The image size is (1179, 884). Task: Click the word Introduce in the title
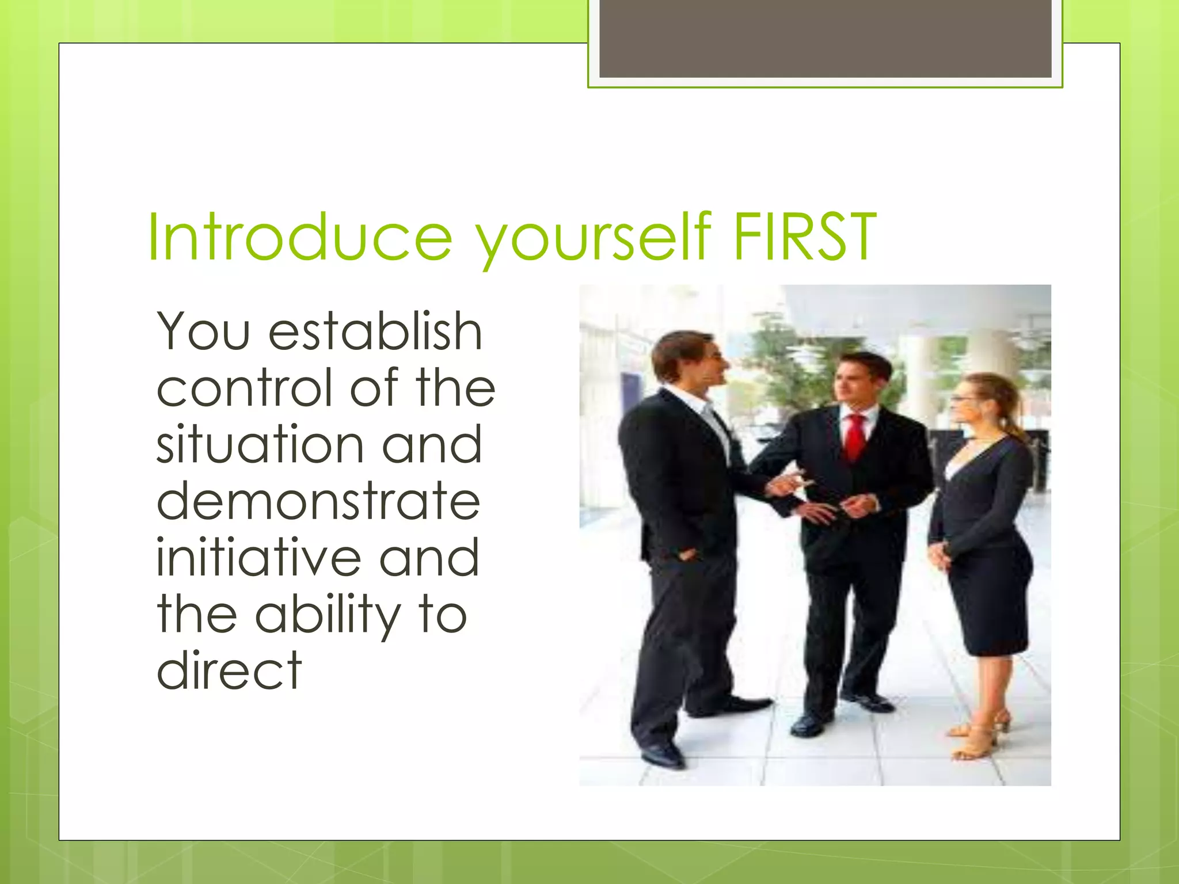pyautogui.click(x=299, y=237)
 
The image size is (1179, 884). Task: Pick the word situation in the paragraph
pyautogui.click(x=260, y=444)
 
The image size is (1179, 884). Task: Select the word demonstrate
pyautogui.click(x=318, y=501)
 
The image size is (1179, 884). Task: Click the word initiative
pyautogui.click(x=259, y=557)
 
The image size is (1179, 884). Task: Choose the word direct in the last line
pyautogui.click(x=229, y=670)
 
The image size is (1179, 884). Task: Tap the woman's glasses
pyautogui.click(x=962, y=399)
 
